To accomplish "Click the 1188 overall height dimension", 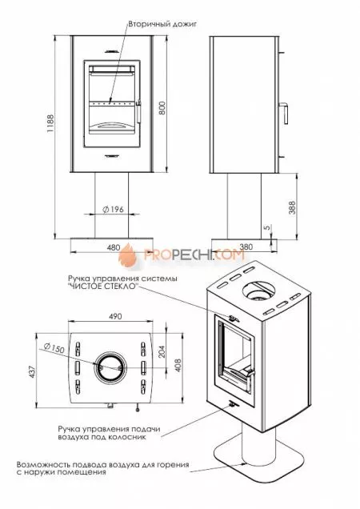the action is point(50,124).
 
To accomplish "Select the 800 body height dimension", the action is point(162,108).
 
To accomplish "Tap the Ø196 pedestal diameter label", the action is point(114,210).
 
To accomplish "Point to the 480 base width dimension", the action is point(114,247).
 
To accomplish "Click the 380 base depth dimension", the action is point(246,246).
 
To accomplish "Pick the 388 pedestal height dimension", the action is point(292,207).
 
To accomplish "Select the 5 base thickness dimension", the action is point(267,227).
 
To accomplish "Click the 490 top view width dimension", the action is point(115,316).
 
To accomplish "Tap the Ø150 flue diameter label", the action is point(54,347).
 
